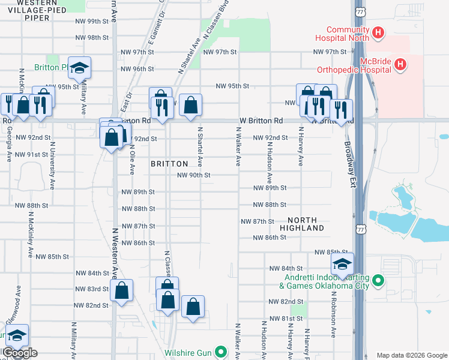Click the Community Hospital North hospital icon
(378, 32)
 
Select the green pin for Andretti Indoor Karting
(378, 280)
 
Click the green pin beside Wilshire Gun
(221, 352)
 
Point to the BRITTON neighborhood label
(169, 164)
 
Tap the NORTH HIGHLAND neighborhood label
(306, 224)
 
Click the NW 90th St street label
(193, 175)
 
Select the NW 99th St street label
(91, 21)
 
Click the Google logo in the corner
(19, 353)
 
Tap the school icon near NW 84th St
(342, 264)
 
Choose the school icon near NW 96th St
(79, 68)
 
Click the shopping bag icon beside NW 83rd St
(121, 291)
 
